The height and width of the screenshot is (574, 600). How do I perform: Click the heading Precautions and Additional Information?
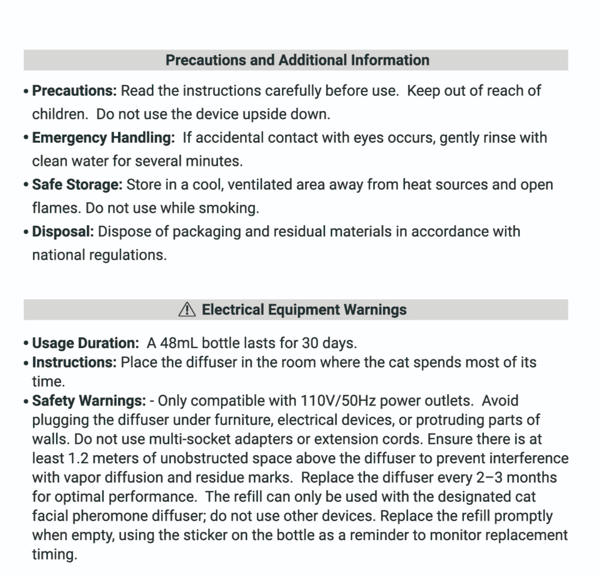tap(297, 60)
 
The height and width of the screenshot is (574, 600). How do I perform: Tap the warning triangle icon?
tap(187, 309)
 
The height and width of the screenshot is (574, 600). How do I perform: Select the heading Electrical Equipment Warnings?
tap(304, 309)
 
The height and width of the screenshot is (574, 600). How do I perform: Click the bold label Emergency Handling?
tap(103, 138)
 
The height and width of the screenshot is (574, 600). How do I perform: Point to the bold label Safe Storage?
tap(77, 184)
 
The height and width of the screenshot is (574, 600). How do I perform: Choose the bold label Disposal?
tap(63, 231)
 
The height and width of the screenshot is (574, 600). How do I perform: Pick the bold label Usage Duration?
tap(85, 343)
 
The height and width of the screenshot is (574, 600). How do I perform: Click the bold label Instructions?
tap(74, 362)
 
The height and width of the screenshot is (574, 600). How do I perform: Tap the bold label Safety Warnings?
tap(89, 400)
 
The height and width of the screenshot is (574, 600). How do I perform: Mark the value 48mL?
tap(179, 343)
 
